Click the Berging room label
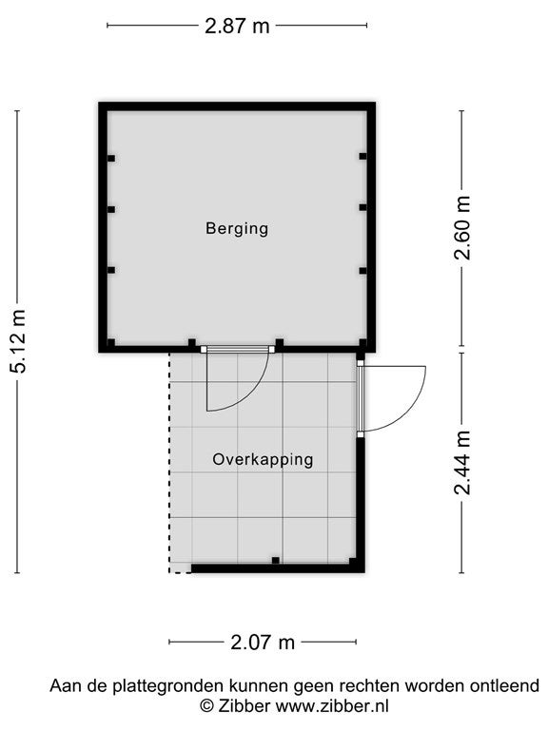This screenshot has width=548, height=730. (237, 228)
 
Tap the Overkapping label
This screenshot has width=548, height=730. (263, 459)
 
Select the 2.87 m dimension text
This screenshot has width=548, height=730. (237, 26)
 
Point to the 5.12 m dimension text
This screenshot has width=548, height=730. (19, 341)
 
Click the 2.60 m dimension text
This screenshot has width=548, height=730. (463, 228)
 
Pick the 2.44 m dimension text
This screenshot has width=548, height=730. (463, 463)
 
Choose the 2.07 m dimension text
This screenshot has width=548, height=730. (263, 643)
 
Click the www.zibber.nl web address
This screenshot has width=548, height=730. (332, 706)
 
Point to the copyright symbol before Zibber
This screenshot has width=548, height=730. (206, 707)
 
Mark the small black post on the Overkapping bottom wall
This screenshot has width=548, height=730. (275, 561)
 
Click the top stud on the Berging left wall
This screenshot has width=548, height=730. (111, 159)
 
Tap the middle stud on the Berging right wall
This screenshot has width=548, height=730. (363, 207)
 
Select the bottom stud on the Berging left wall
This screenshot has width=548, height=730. (111, 270)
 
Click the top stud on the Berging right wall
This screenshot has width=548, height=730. (363, 157)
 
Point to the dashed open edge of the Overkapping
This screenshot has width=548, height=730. (169, 462)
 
